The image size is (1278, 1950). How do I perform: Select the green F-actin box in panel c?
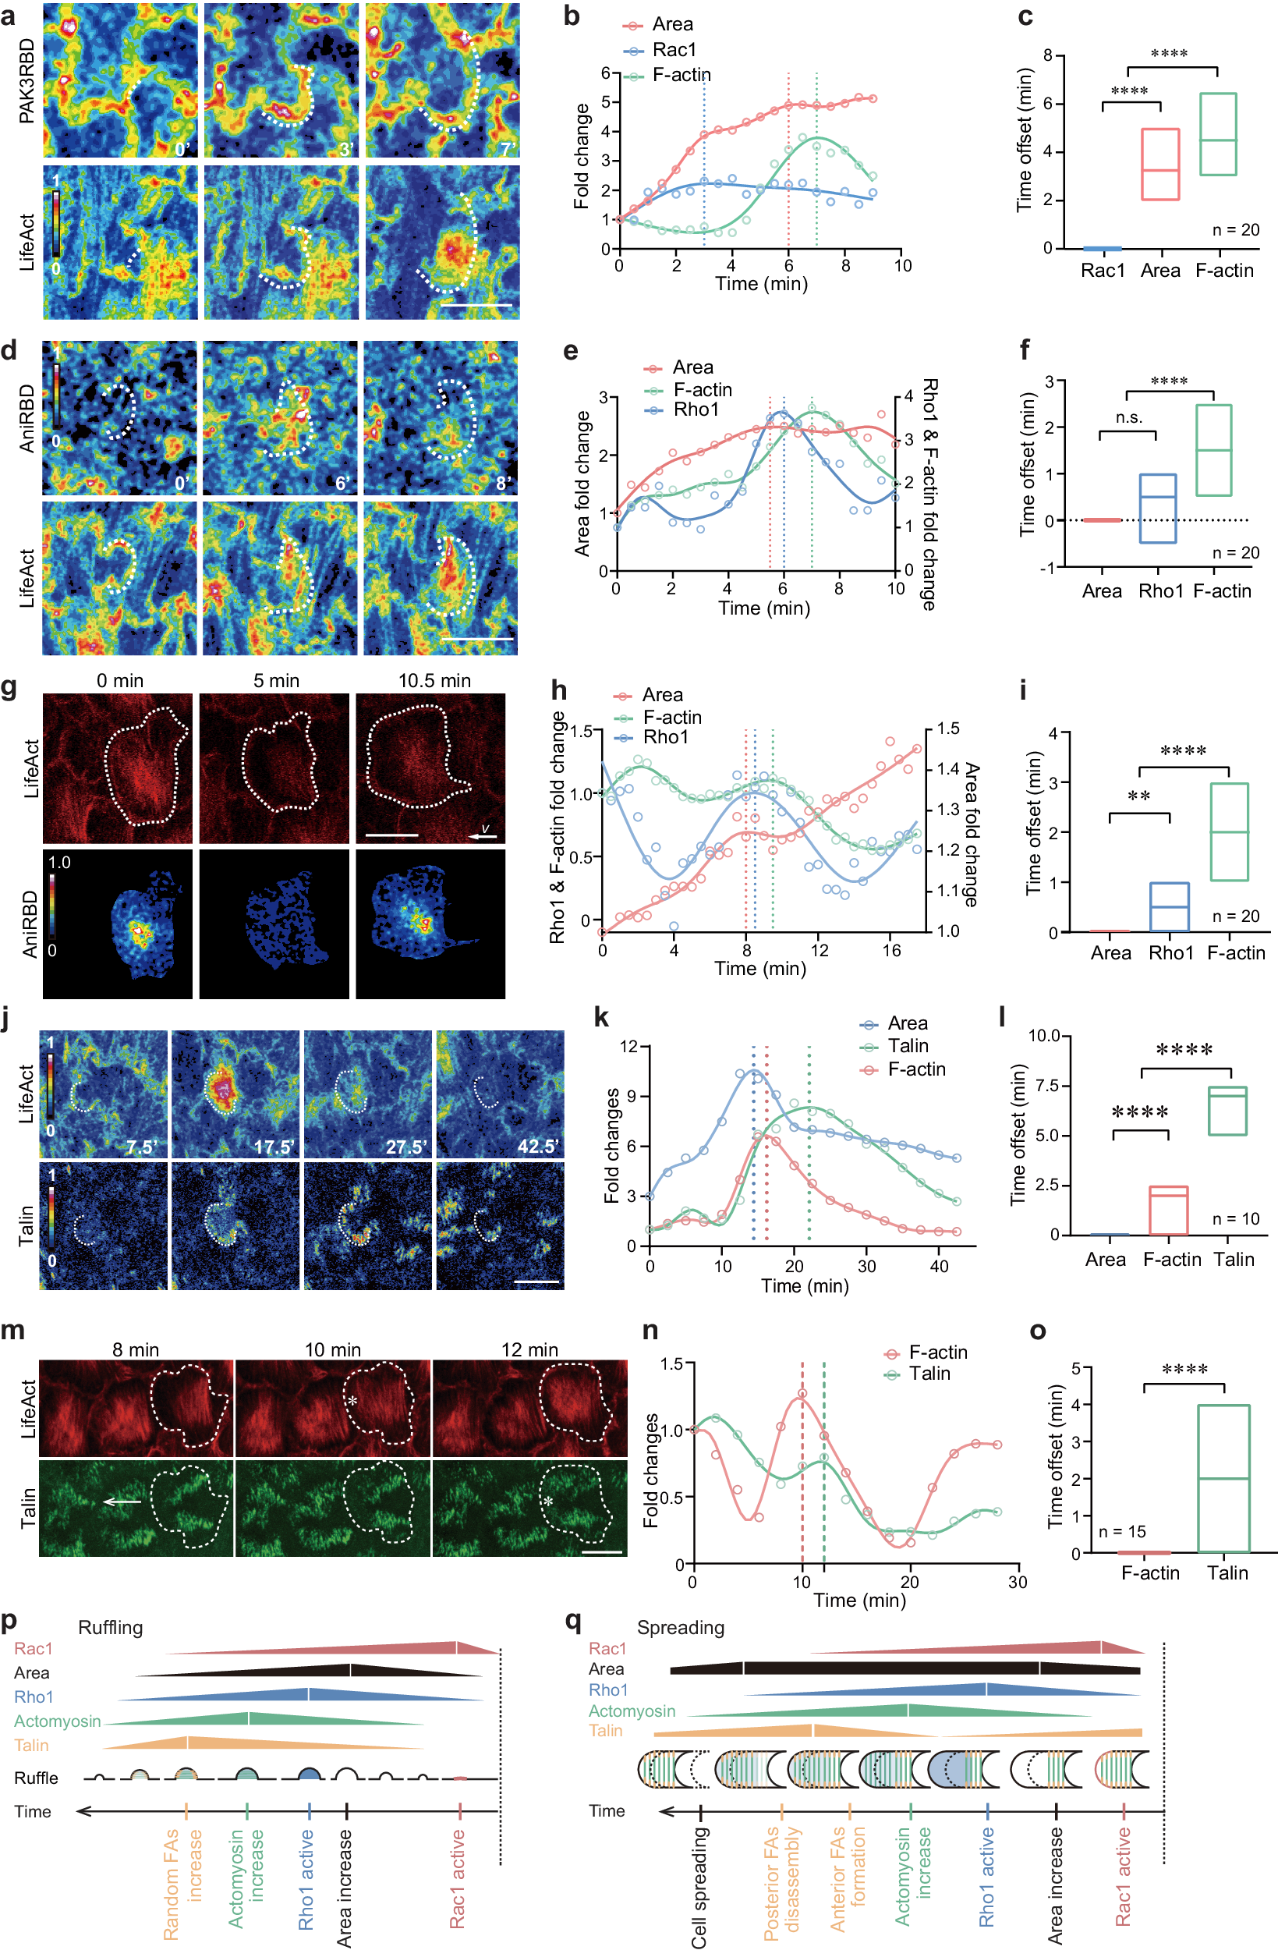pos(1217,134)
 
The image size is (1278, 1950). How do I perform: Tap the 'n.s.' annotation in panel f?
pos(1128,418)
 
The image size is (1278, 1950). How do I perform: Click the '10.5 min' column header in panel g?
pos(434,681)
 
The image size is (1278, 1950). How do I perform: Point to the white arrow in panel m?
pos(122,1501)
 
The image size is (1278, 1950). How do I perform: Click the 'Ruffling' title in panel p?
pos(110,1627)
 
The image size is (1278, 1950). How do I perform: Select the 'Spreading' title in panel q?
pos(680,1627)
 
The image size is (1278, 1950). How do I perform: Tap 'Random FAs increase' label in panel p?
pos(182,1884)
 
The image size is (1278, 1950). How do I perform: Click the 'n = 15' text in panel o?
pos(1121,1531)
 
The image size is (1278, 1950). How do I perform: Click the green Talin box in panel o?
pos(1223,1478)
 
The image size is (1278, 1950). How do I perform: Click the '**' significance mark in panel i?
pos(1138,797)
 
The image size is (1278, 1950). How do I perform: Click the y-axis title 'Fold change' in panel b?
pos(582,156)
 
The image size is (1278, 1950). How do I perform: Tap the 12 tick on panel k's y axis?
pos(629,1046)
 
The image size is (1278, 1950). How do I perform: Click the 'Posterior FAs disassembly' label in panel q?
pos(781,1884)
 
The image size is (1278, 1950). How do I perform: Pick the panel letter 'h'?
pos(559,691)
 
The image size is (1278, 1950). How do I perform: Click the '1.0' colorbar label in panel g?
pos(60,863)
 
